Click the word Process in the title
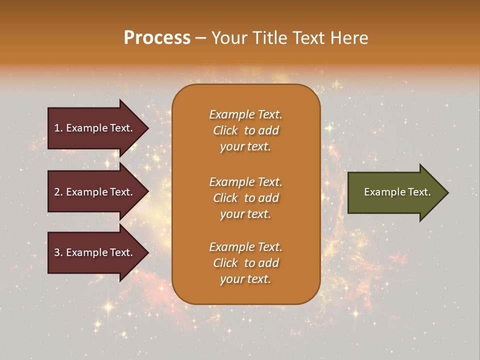pyautogui.click(x=157, y=38)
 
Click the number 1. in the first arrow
pyautogui.click(x=58, y=128)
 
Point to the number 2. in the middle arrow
pyautogui.click(x=58, y=192)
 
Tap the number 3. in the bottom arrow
pyautogui.click(x=58, y=252)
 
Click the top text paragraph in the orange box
pyautogui.click(x=245, y=130)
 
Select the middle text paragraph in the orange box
pyautogui.click(x=245, y=198)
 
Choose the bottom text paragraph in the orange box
pyautogui.click(x=245, y=263)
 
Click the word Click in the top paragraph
pyautogui.click(x=225, y=130)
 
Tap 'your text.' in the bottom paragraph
pyautogui.click(x=245, y=279)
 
